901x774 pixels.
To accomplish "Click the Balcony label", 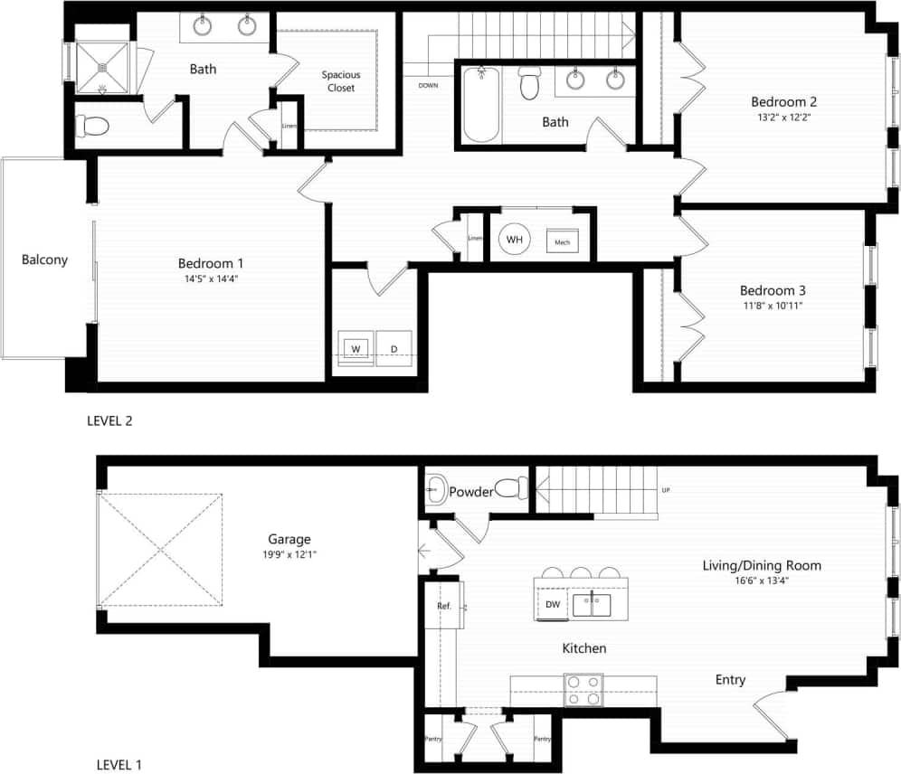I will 45,260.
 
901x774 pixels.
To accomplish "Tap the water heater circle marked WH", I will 515,240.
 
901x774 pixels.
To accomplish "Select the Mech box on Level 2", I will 562,243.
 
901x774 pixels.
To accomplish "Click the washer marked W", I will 356,348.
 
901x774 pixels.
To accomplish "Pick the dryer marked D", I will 394,348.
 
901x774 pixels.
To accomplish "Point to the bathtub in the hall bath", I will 481,108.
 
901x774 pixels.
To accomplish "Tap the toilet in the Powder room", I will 512,488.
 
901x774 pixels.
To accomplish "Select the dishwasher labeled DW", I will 552,605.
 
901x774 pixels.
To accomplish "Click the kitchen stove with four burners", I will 583,690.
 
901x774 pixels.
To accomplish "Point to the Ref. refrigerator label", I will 444,606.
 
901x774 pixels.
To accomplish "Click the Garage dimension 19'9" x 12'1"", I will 289,553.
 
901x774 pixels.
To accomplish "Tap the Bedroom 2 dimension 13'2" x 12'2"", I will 783,117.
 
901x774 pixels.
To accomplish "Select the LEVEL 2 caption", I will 109,420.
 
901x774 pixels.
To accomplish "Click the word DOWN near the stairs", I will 430,86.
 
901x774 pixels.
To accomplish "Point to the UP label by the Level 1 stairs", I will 666,490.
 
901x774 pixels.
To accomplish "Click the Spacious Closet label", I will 341,81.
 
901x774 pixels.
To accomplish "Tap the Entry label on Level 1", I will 730,679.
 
